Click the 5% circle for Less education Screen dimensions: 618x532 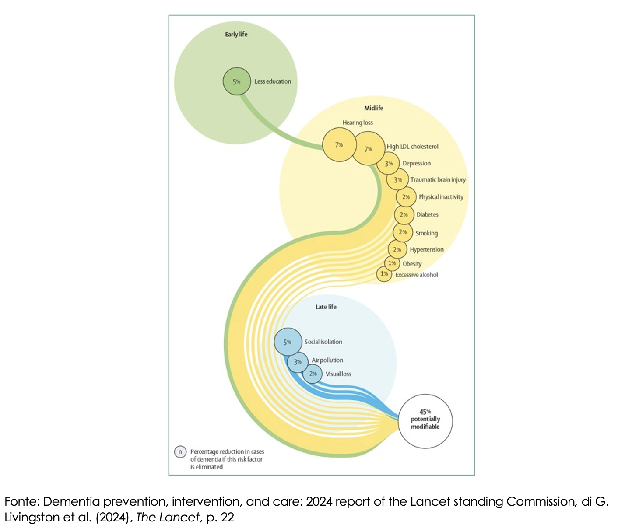point(237,81)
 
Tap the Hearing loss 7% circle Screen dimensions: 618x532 point(339,145)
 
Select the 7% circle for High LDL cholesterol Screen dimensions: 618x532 point(369,148)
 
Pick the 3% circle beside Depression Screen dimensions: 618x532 point(388,163)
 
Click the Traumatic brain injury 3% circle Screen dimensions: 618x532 point(397,179)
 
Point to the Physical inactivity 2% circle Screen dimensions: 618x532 point(406,197)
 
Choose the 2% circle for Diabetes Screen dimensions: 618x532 point(404,214)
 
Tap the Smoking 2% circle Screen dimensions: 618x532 point(403,232)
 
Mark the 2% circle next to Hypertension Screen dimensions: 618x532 point(397,249)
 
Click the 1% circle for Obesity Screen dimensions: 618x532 point(392,263)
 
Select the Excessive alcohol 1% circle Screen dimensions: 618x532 point(384,274)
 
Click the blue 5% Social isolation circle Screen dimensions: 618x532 point(288,342)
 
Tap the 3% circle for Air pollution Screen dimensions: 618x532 point(298,362)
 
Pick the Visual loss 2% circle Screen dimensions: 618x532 point(313,374)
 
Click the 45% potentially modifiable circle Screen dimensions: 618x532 point(425,421)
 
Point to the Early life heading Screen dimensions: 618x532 point(236,35)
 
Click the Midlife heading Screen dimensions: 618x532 point(373,108)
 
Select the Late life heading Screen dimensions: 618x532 point(326,307)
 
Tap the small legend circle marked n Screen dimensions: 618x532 point(180,452)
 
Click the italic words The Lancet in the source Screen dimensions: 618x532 point(168,517)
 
